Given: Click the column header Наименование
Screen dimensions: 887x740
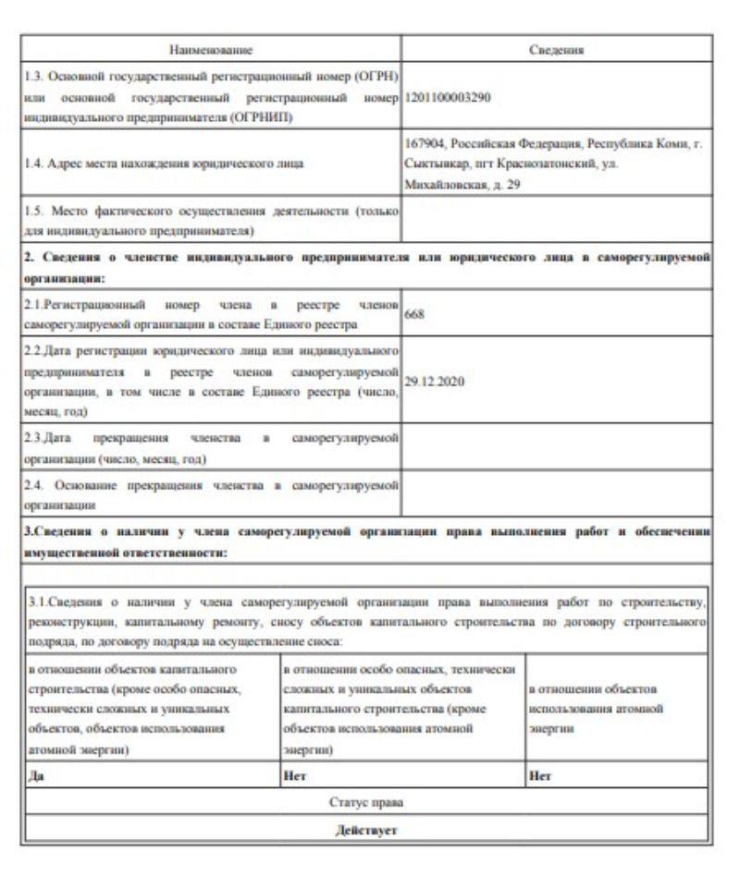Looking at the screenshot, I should (211, 49).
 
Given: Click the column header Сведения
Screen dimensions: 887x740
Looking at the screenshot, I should (556, 49).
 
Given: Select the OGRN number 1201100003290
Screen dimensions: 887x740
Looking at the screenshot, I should (448, 96).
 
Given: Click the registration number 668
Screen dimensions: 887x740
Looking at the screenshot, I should (414, 315).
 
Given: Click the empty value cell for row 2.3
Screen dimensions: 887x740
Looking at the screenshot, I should (556, 448).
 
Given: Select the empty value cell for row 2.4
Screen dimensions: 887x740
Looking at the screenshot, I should (556, 492).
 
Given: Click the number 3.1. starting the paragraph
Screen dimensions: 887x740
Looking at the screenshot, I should (40, 603).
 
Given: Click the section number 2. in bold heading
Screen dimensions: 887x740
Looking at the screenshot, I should (29, 257).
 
